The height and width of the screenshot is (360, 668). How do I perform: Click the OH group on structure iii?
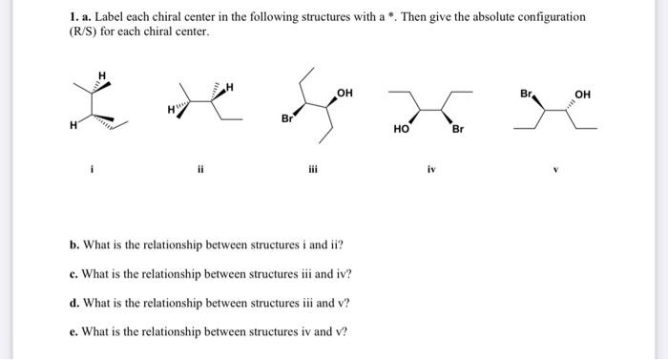pos(344,93)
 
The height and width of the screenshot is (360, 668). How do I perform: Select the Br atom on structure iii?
pos(286,119)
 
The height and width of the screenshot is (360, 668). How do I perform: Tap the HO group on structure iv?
pos(402,126)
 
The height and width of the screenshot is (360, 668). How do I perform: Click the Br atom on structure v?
pos(528,94)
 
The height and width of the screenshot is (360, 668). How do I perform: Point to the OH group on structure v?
pos(584,94)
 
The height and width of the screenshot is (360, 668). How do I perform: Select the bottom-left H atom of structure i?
pos(73,123)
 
